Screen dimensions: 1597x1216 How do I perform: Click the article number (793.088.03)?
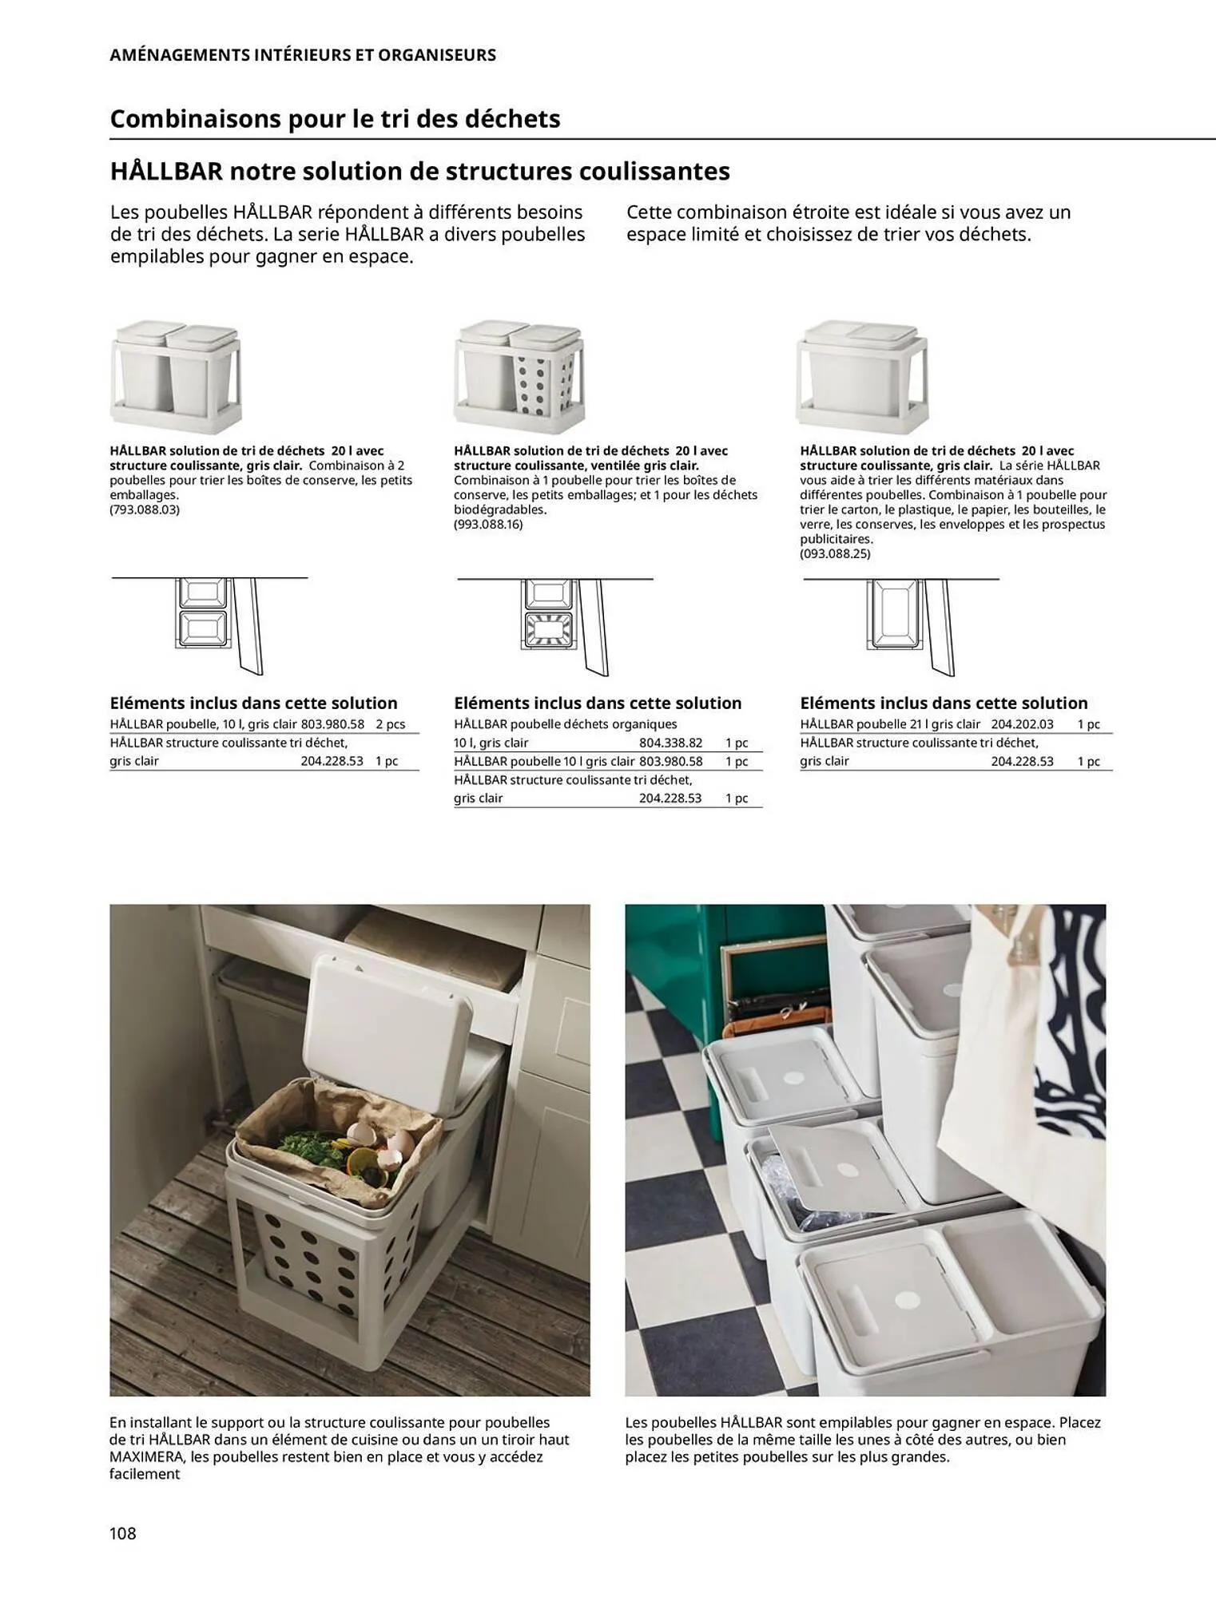tap(145, 509)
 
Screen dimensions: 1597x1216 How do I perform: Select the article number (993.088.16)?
tap(488, 525)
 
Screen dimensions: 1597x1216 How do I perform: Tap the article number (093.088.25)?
tap(835, 553)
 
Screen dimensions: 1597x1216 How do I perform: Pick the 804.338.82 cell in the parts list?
tap(670, 743)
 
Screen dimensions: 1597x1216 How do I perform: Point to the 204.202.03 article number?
tap(1022, 724)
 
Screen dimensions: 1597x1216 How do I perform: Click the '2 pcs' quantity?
tap(391, 724)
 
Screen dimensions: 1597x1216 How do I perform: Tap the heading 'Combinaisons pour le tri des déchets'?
tap(335, 119)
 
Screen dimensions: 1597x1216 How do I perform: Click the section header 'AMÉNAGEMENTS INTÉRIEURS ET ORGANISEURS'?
tap(303, 55)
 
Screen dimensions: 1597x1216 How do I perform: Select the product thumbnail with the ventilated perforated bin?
tap(519, 375)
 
